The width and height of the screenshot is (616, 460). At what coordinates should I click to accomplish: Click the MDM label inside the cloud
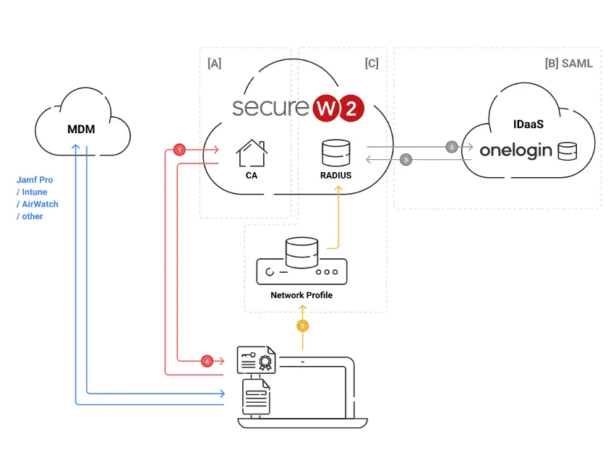coord(81,129)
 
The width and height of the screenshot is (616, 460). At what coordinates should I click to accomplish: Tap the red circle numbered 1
coord(179,150)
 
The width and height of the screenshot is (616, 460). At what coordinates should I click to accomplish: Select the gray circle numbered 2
coord(452,147)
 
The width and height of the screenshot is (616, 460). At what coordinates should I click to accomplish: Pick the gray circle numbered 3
coord(406,160)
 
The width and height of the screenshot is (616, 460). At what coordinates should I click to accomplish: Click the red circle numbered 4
coord(207,361)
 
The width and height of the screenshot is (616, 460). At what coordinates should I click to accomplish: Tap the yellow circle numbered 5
coord(302,326)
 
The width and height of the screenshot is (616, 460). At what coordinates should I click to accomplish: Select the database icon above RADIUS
coord(336,153)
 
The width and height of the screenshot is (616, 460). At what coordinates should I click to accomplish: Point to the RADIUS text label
coord(336,175)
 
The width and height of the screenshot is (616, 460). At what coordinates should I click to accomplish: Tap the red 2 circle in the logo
coord(351,108)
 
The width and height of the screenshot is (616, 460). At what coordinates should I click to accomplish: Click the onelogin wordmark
coord(516,150)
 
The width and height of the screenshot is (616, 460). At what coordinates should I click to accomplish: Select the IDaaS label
coord(529,124)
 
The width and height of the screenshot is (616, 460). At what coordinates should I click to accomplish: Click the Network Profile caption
coord(301,295)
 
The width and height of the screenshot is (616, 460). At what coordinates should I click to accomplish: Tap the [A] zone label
coord(215,64)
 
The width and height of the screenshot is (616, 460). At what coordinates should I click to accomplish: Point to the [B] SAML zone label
coord(568,64)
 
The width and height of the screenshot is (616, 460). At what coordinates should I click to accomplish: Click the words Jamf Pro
coord(35,179)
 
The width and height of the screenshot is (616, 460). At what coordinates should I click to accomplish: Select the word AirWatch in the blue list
coord(40,204)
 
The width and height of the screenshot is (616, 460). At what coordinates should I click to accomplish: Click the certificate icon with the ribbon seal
coord(257,359)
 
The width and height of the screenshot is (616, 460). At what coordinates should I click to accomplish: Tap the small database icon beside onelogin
coord(568,151)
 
